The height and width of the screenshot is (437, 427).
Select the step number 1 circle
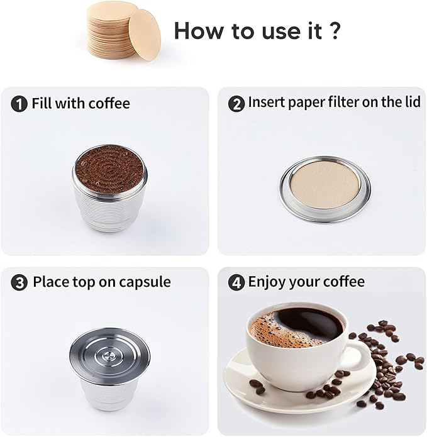point(20,104)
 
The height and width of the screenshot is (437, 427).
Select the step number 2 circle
point(236,104)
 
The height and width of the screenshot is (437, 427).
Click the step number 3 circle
point(20,282)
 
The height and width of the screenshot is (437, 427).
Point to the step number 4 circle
point(236,282)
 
